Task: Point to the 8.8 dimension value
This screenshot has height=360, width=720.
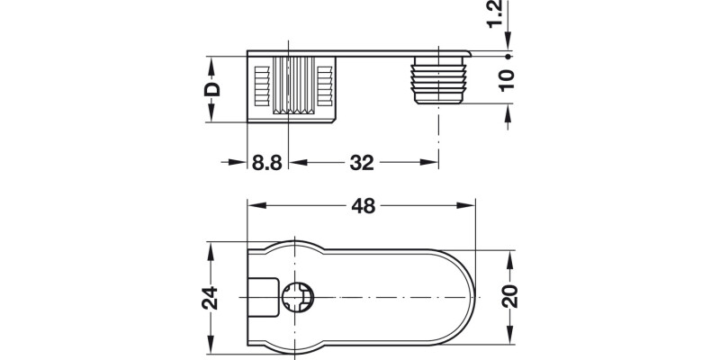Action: click(267, 163)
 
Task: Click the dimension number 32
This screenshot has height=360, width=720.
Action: click(360, 163)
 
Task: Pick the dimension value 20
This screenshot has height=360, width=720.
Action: click(509, 294)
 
